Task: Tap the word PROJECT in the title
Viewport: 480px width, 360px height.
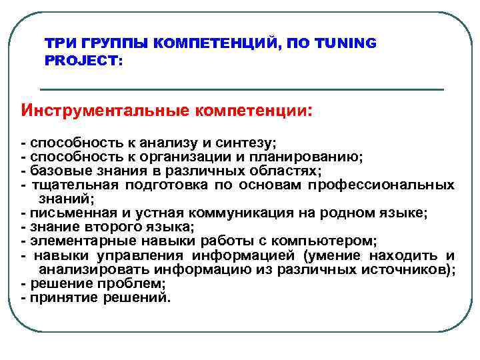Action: click(x=79, y=60)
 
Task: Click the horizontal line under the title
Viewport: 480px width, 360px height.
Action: click(x=242, y=89)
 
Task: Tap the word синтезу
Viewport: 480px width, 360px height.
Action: click(x=247, y=143)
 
